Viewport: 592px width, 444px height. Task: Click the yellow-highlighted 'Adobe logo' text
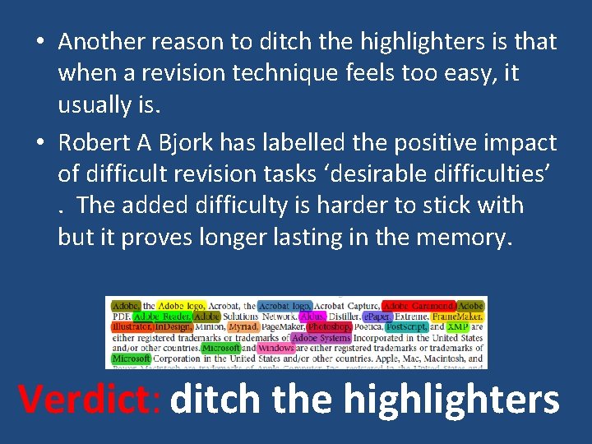(x=181, y=306)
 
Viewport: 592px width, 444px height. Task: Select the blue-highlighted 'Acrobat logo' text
(x=284, y=306)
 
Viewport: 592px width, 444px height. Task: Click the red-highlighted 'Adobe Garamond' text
(x=419, y=306)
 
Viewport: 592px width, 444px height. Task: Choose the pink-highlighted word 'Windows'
(x=275, y=348)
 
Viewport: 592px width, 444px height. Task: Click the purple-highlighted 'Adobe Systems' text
(x=321, y=337)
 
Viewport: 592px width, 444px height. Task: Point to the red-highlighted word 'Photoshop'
(x=328, y=326)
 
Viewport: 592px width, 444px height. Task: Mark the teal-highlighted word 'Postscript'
(x=405, y=326)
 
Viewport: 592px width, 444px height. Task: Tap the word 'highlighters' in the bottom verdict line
(x=451, y=399)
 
